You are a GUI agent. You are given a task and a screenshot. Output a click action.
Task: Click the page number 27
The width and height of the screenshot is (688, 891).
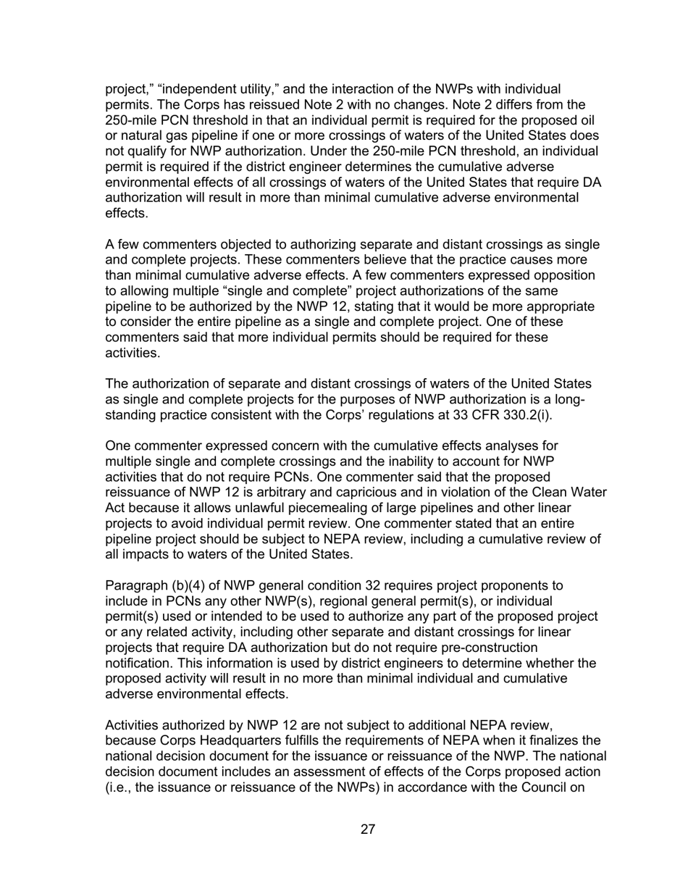367,829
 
